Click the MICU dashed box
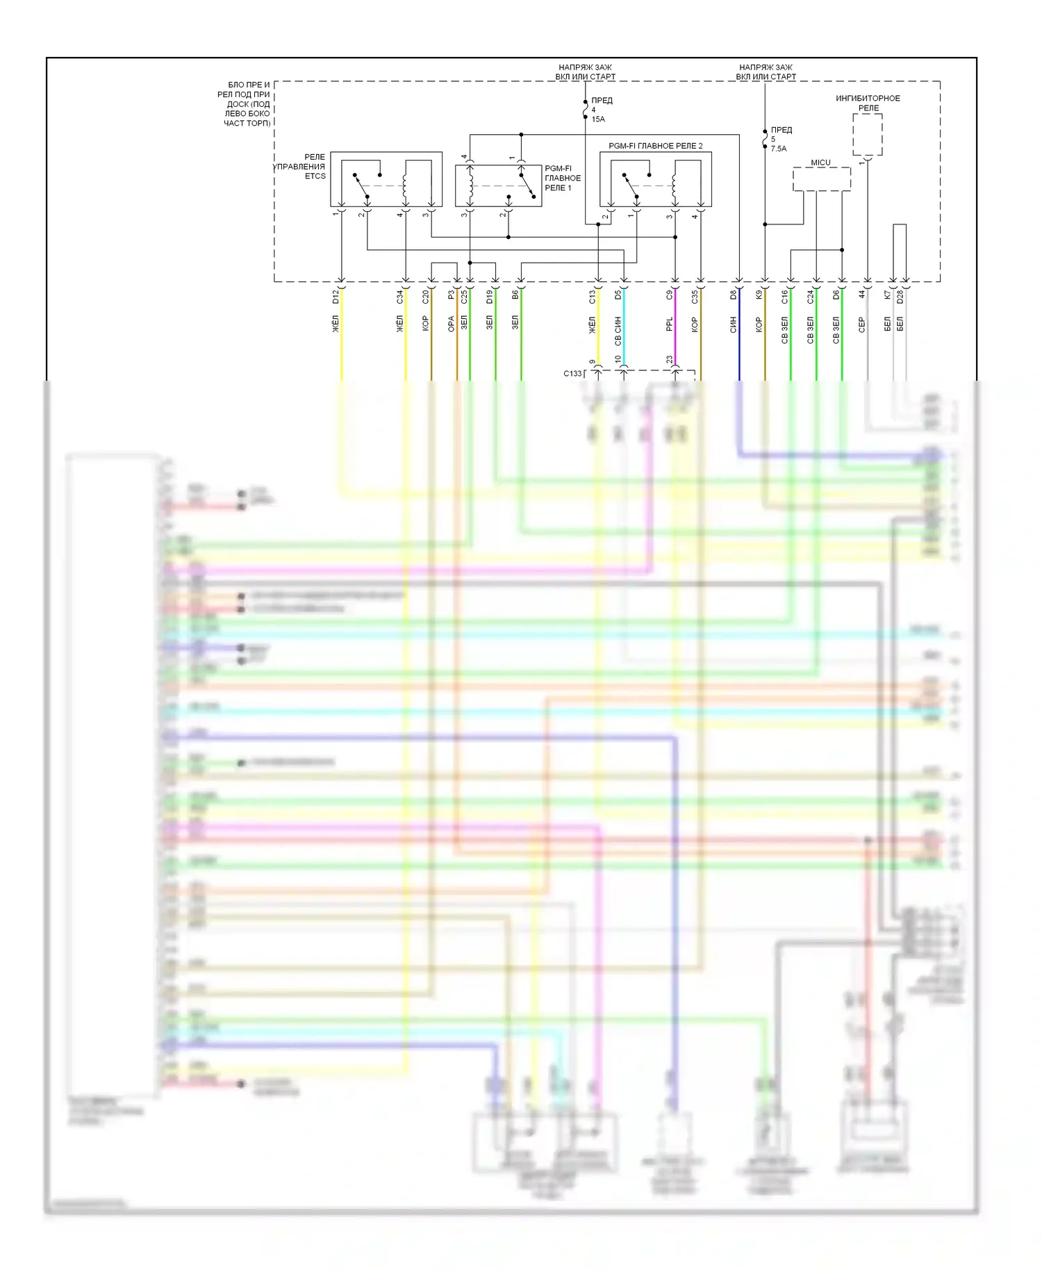(x=821, y=179)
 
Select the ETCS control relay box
(x=386, y=179)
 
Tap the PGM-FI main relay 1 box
(x=498, y=185)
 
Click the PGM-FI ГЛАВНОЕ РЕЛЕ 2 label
(x=655, y=146)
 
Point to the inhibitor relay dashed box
(x=867, y=135)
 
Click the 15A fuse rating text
(x=598, y=119)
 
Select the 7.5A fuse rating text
(x=779, y=149)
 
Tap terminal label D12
(x=336, y=297)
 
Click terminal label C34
(x=400, y=297)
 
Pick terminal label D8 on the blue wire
(x=734, y=295)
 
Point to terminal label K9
(x=759, y=295)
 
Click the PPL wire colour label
(x=670, y=324)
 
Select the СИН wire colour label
(x=734, y=324)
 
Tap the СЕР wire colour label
(x=862, y=324)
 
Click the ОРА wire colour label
(x=452, y=324)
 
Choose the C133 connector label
(x=572, y=374)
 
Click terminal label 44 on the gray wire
(x=862, y=295)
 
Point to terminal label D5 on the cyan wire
(x=618, y=295)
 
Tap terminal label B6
(x=515, y=295)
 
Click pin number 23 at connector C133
(x=670, y=360)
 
